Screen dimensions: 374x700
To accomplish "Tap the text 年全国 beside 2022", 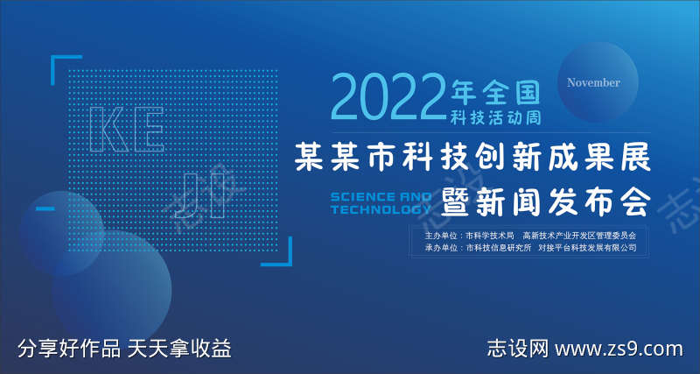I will (x=491, y=89).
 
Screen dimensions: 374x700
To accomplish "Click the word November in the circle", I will (x=593, y=82).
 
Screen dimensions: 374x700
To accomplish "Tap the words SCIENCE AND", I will (x=381, y=197).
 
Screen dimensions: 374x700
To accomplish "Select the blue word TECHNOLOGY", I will (x=381, y=210).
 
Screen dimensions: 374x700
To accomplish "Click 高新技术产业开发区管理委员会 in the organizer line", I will (x=579, y=236).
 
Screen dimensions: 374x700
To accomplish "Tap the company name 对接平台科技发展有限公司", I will (x=587, y=249).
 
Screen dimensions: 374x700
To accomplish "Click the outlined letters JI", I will (x=202, y=197).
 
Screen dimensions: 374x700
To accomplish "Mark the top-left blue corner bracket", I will (x=63, y=66).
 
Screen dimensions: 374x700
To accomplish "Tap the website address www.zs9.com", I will (x=619, y=349).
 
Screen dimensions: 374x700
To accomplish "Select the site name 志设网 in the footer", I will (x=517, y=349).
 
